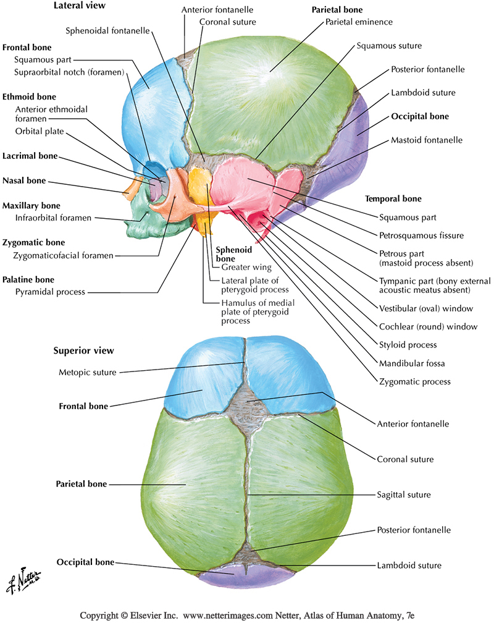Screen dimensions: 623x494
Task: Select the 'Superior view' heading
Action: click(83, 351)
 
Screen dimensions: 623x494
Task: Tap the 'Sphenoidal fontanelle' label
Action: click(108, 30)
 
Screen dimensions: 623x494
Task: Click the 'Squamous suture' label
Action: click(389, 46)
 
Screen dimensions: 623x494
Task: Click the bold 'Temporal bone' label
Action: click(401, 199)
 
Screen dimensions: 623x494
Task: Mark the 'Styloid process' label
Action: click(408, 344)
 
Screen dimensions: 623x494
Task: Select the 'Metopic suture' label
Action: click(87, 372)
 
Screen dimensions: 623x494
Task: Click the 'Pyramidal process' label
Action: click(50, 291)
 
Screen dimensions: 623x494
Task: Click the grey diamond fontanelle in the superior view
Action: click(248, 409)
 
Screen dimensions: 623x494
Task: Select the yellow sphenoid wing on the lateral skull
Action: click(199, 185)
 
